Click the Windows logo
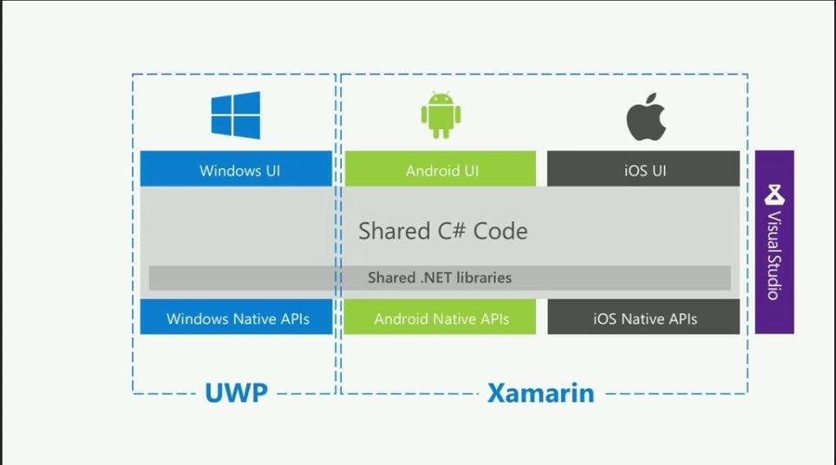(235, 115)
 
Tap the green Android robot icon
(441, 116)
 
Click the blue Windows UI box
(236, 169)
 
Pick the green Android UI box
(440, 169)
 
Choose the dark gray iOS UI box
(643, 169)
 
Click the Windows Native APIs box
(237, 318)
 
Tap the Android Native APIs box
(441, 318)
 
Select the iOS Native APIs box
(643, 318)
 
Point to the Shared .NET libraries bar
(440, 278)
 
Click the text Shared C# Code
(443, 231)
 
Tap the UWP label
(235, 393)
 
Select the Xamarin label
(540, 393)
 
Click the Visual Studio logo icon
(774, 193)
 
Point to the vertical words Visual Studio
(774, 255)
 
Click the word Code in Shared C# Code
(499, 231)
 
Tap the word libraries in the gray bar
(480, 278)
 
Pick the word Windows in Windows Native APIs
(199, 318)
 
